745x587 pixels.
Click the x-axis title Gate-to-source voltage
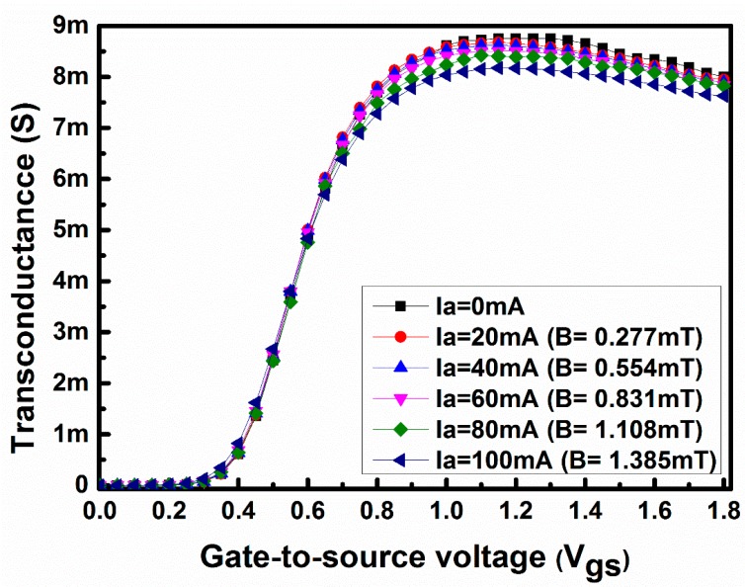point(414,558)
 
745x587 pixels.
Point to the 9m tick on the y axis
point(71,26)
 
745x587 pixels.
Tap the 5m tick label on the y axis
point(71,229)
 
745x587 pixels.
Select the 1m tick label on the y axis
point(71,434)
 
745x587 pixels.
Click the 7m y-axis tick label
point(71,127)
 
